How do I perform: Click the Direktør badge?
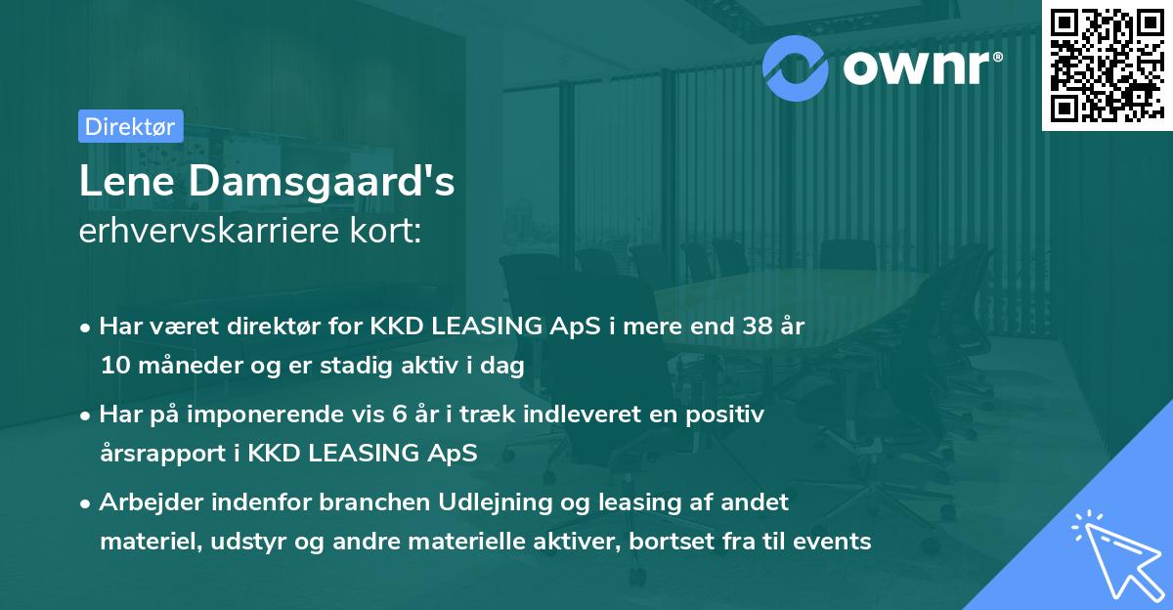(129, 126)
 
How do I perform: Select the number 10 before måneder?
(113, 367)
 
